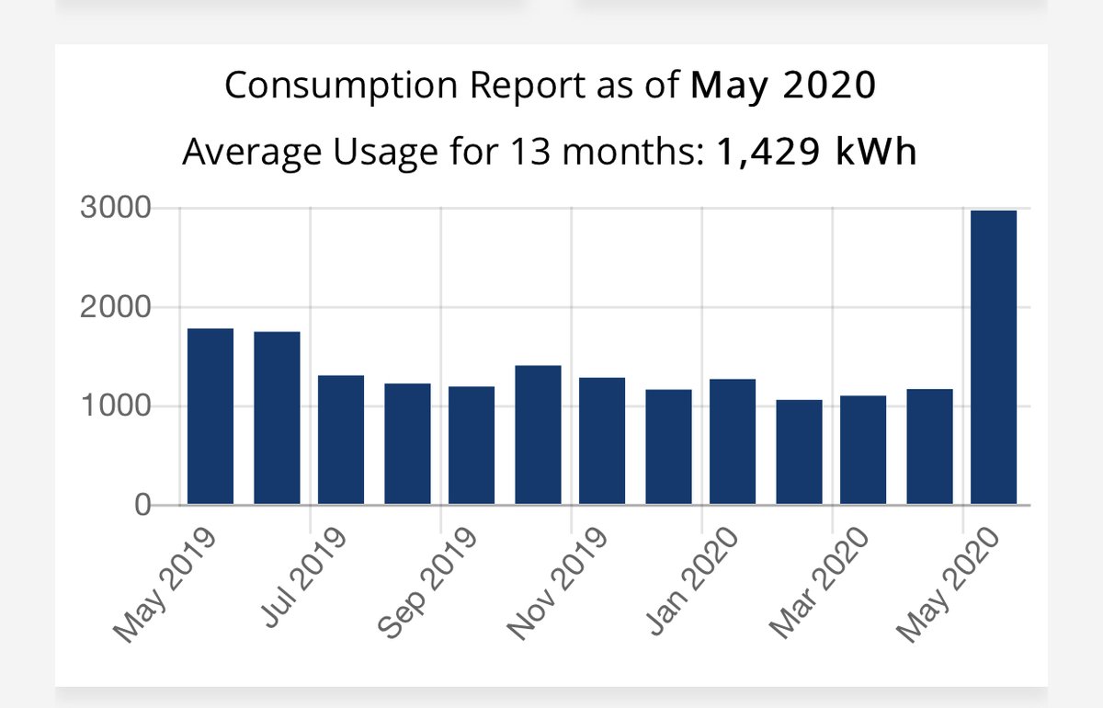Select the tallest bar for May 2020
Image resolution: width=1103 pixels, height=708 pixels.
pyautogui.click(x=994, y=357)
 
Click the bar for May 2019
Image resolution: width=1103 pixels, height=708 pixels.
pyautogui.click(x=210, y=417)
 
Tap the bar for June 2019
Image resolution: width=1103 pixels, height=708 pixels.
pyautogui.click(x=277, y=417)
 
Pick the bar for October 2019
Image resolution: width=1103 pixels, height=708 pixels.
pyautogui.click(x=538, y=435)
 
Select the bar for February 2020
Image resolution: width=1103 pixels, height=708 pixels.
pyautogui.click(x=799, y=451)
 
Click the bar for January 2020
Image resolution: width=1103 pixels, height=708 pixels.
pyautogui.click(x=733, y=441)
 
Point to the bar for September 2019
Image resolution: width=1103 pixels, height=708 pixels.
pyautogui.click(x=472, y=445)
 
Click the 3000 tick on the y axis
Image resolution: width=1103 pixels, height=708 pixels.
pyautogui.click(x=115, y=208)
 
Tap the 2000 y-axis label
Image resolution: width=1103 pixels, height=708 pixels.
pyautogui.click(x=115, y=307)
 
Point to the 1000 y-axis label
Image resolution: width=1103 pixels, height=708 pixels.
pyautogui.click(x=115, y=406)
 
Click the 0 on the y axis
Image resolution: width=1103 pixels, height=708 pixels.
pyautogui.click(x=142, y=506)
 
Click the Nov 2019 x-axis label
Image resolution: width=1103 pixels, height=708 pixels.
pyautogui.click(x=557, y=584)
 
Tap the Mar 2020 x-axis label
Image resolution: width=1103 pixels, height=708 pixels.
pyautogui.click(x=818, y=583)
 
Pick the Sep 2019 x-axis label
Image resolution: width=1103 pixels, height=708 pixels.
pyautogui.click(x=426, y=583)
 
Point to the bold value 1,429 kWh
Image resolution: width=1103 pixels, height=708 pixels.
pyautogui.click(x=816, y=152)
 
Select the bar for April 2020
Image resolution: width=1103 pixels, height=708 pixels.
pyautogui.click(x=929, y=447)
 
